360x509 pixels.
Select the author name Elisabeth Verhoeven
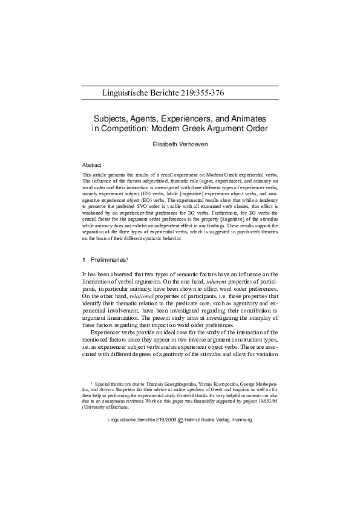(x=180, y=146)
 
